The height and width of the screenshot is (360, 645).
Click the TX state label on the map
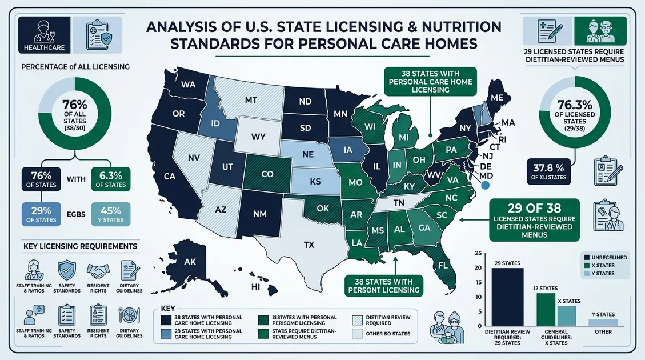309,245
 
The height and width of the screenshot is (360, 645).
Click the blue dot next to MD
486,185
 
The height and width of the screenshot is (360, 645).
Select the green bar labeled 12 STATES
546,309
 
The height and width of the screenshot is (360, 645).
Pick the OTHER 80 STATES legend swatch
357,334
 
